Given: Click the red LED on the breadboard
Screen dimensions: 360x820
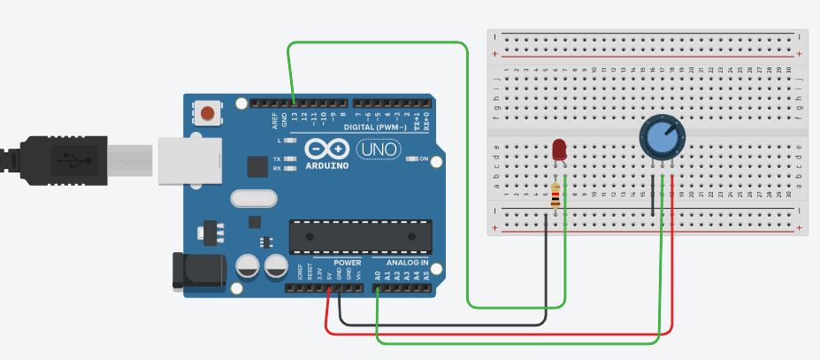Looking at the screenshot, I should pyautogui.click(x=559, y=150).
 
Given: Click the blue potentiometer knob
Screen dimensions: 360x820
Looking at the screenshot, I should pyautogui.click(x=661, y=139).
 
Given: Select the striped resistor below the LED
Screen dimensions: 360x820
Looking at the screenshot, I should pyautogui.click(x=555, y=197).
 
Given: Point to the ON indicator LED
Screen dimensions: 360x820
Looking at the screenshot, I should pyautogui.click(x=412, y=159).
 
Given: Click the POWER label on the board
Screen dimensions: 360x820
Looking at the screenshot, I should pyautogui.click(x=349, y=264).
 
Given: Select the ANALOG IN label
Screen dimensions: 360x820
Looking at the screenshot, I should pyautogui.click(x=406, y=264).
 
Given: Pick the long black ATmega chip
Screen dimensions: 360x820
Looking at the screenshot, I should pyautogui.click(x=360, y=235).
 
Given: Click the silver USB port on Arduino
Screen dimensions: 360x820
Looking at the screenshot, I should pyautogui.click(x=188, y=160).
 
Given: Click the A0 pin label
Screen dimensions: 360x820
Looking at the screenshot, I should pyautogui.click(x=378, y=275).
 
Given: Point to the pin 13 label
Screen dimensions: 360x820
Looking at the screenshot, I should pyautogui.click(x=294, y=117).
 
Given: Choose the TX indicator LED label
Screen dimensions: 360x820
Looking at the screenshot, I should pyautogui.click(x=277, y=159).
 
